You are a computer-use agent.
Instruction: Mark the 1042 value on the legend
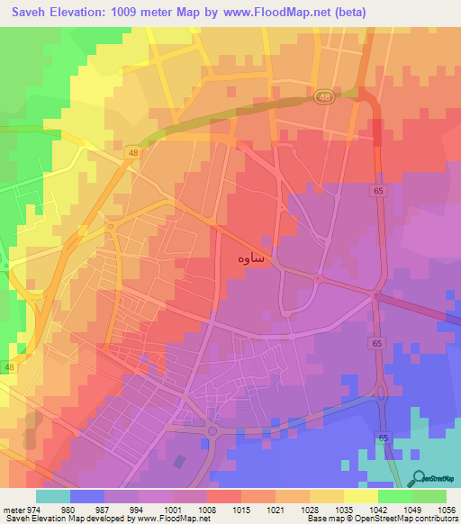pyautogui.click(x=378, y=509)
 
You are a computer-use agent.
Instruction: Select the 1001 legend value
pyautogui.click(x=174, y=509)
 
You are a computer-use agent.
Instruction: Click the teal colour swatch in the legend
pyautogui.click(x=52, y=496)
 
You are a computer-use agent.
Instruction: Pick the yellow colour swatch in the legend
pyautogui.click(x=361, y=496)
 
